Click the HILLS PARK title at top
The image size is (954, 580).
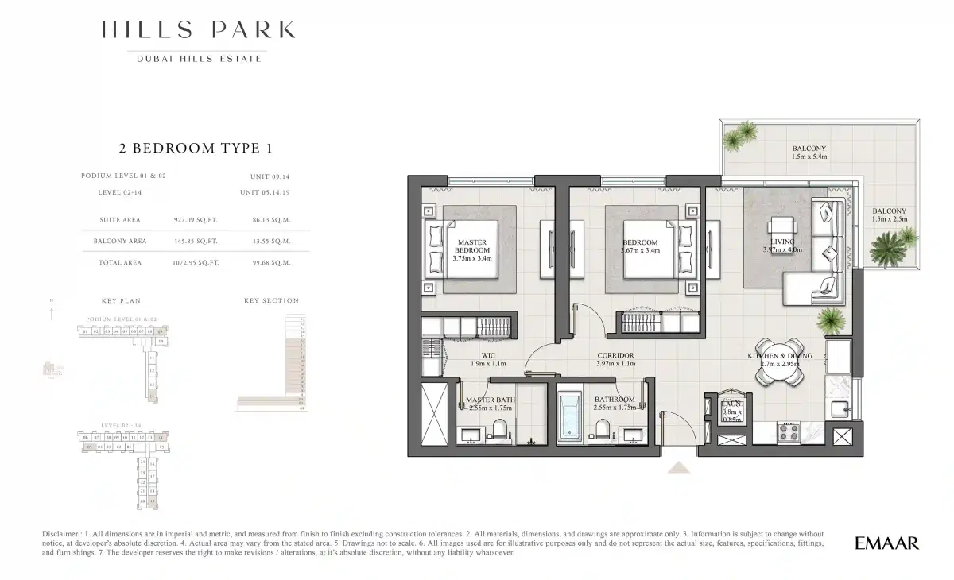(x=198, y=30)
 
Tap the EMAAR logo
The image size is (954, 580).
(x=886, y=543)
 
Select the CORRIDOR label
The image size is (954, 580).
(x=615, y=359)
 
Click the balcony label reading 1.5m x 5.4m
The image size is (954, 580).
(x=809, y=153)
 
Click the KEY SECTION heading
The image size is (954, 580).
(x=271, y=301)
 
